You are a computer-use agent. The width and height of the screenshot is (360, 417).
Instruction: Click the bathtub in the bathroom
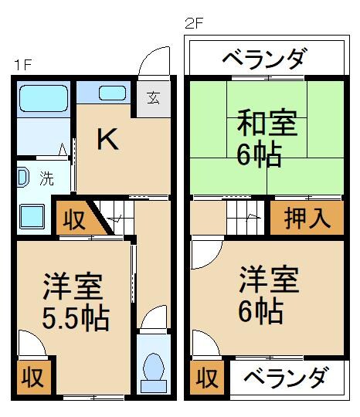43,98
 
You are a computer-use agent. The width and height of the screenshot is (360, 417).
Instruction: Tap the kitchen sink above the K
112,93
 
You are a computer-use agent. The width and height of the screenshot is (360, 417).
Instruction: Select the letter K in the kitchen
106,140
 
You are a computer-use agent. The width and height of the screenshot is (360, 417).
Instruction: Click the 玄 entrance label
153,98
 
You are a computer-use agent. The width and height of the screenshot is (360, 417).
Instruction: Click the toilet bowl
154,368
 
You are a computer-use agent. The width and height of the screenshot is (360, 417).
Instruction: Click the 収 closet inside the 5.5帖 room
31,378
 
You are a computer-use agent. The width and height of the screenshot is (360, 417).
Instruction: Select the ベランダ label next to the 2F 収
286,378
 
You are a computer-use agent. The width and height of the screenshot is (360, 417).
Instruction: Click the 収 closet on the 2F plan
205,378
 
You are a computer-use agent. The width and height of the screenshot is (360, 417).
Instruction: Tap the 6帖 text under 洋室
260,310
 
